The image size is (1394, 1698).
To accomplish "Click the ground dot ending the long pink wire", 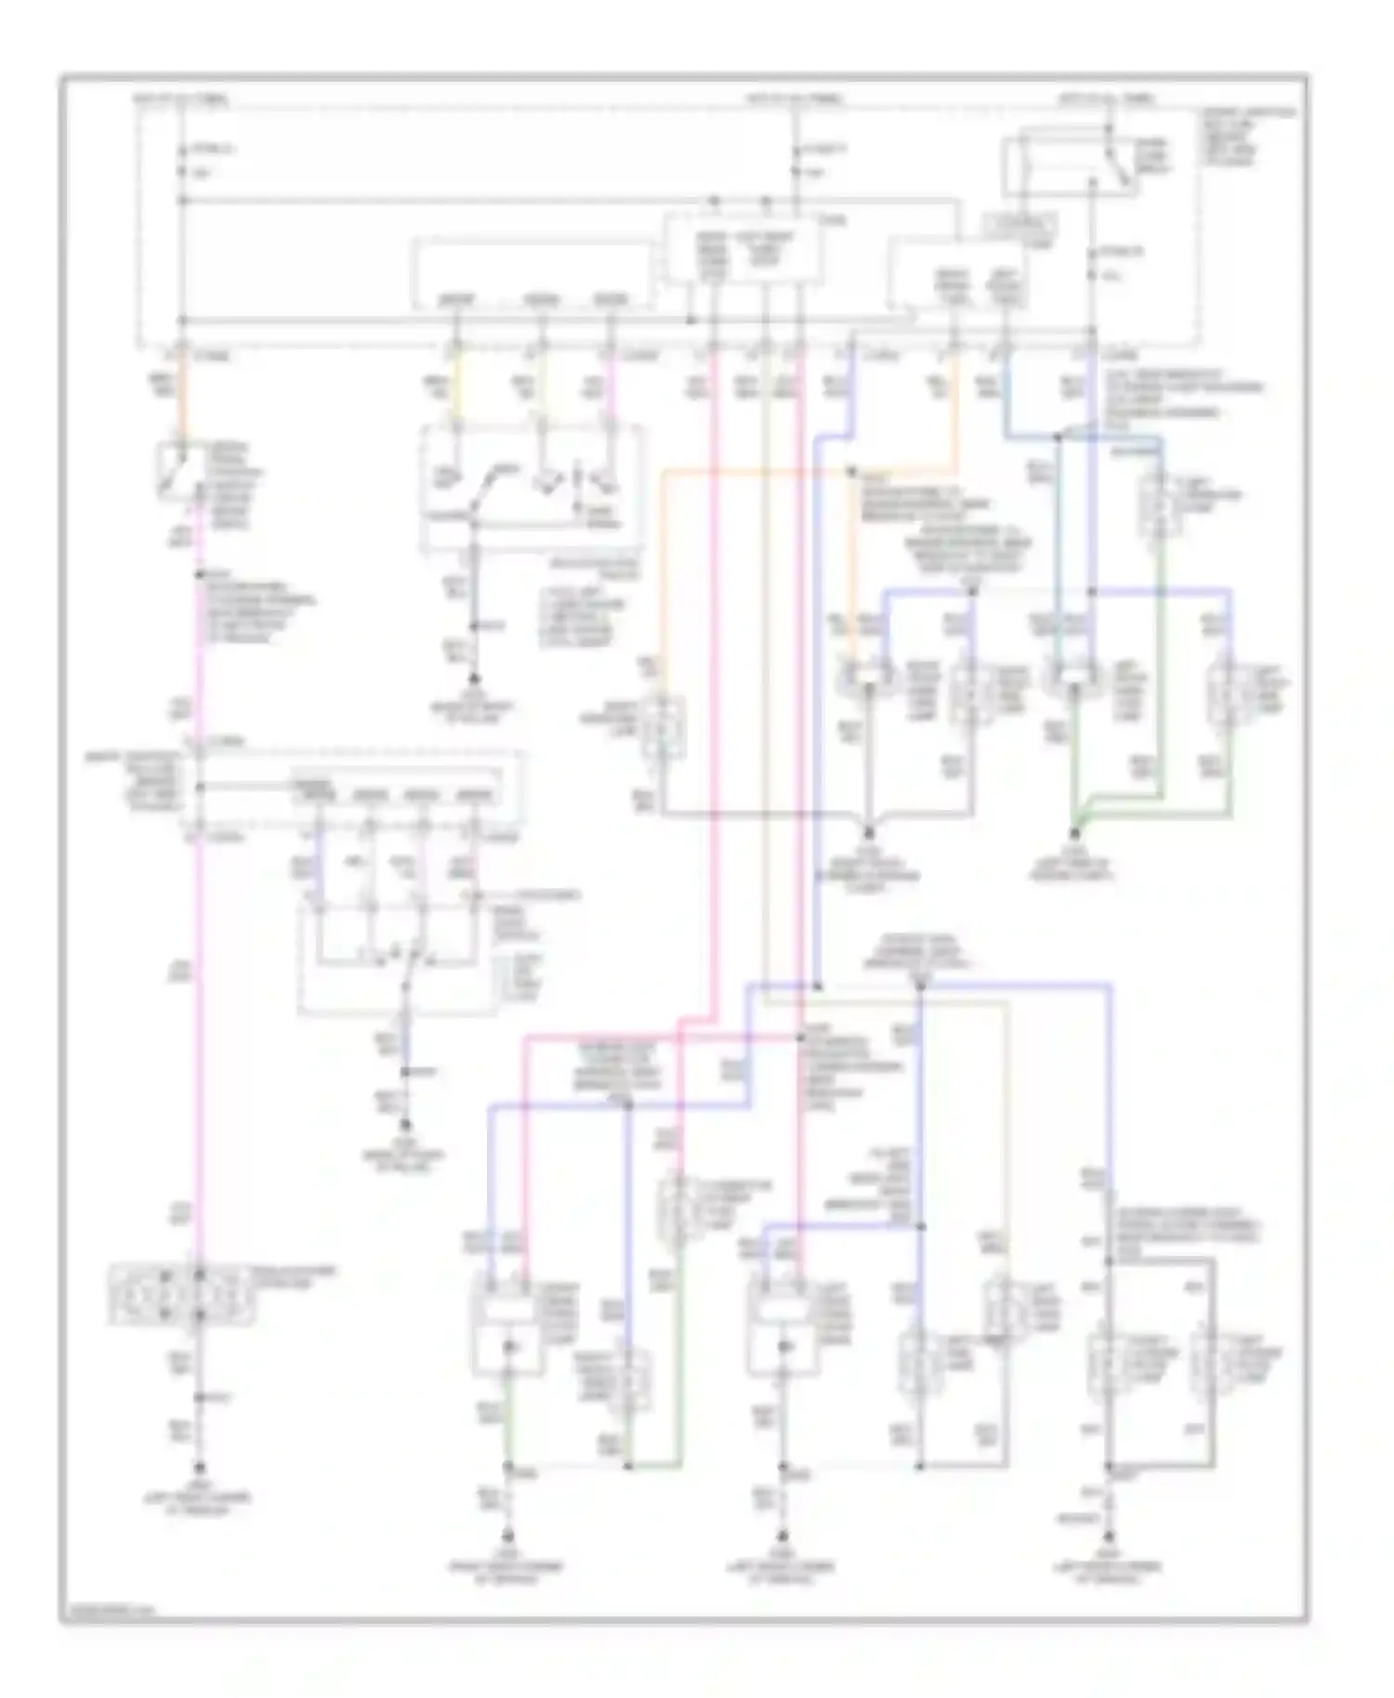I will (198, 1471).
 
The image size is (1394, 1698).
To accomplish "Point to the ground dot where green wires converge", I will (1077, 834).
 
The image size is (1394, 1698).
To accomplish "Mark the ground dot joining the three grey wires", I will (870, 834).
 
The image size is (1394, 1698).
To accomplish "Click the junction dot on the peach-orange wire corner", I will (851, 473).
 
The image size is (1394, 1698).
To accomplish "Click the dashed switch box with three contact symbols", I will (530, 488).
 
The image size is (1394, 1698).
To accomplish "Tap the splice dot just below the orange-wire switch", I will (198, 574).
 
